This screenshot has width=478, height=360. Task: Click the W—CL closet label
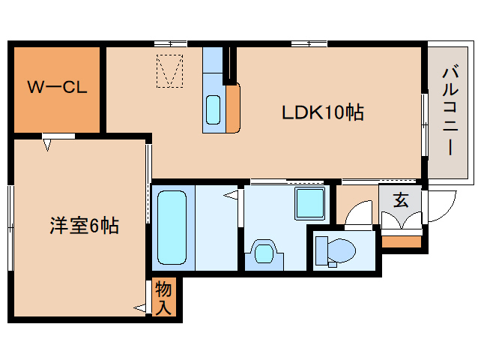[x=57, y=86]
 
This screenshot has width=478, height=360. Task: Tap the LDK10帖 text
[x=322, y=112]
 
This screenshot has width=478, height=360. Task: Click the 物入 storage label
[x=164, y=297]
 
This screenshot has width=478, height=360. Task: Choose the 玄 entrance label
[x=401, y=200]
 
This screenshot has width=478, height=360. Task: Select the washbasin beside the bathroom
[x=263, y=252]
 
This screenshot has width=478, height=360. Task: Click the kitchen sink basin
[x=213, y=109]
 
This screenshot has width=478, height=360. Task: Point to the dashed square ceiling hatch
[x=170, y=70]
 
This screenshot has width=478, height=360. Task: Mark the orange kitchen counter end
[x=232, y=109]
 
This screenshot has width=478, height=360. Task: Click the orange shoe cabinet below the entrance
[x=401, y=241]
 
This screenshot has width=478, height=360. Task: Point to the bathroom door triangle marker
[x=232, y=196]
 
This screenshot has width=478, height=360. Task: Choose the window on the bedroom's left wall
[x=10, y=225]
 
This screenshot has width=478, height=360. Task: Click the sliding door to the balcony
[x=424, y=112]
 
